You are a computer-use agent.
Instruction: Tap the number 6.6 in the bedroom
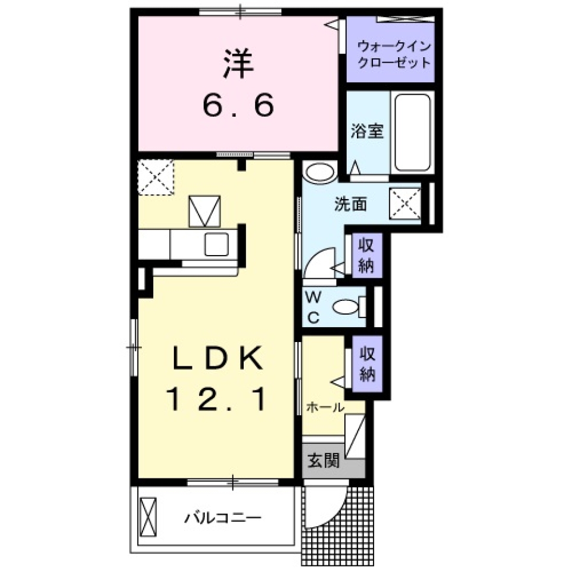238,106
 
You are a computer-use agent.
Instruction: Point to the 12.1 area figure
217,398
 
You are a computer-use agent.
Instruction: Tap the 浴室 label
366,132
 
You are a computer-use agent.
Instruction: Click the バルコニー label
222,517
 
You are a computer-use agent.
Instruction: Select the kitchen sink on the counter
216,243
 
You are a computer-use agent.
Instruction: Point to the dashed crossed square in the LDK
156,177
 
